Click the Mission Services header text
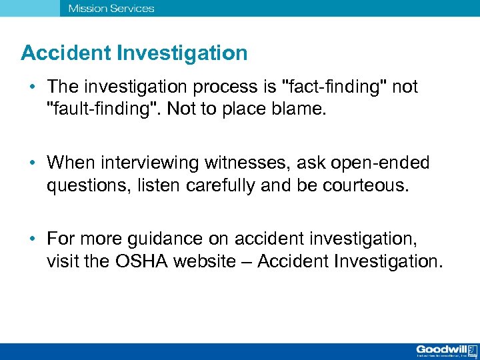tap(111, 9)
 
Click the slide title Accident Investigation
tap(134, 53)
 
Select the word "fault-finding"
tap(100, 108)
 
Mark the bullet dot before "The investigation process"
tap(31, 88)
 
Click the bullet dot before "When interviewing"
tap(31, 163)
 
